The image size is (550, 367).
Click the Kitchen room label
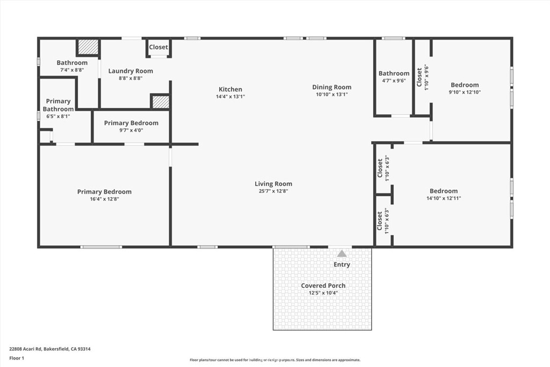(230, 90)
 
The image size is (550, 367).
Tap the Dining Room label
(332, 88)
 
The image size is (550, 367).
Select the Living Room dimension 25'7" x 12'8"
(273, 191)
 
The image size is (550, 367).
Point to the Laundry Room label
(131, 71)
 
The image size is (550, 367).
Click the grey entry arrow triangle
(342, 253)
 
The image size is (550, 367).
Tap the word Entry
(342, 264)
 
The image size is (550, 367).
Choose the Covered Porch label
(323, 286)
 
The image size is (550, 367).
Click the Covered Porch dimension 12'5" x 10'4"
(323, 293)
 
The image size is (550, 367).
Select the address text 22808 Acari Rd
(25, 349)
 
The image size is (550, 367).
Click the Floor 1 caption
(17, 358)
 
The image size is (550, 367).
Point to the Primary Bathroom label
(58, 105)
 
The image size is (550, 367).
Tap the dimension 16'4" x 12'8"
(105, 199)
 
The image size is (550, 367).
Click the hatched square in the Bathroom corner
(88, 47)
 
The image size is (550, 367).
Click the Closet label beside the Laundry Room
(158, 47)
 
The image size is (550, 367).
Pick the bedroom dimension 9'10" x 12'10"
(465, 92)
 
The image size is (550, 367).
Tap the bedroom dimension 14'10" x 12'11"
(444, 198)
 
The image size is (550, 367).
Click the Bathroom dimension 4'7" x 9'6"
(394, 81)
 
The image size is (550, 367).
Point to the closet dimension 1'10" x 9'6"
(427, 77)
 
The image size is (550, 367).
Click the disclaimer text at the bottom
(275, 360)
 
